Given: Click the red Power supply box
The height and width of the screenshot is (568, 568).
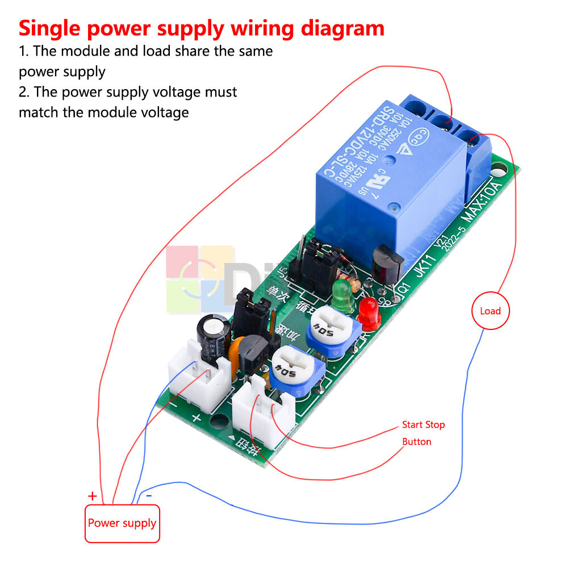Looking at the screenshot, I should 122,523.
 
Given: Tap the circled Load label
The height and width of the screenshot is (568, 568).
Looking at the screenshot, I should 490,311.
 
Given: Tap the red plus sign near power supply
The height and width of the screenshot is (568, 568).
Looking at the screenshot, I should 93,496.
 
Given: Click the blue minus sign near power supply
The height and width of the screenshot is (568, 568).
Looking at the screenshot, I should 149,495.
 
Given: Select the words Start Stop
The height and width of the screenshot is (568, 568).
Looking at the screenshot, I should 423,424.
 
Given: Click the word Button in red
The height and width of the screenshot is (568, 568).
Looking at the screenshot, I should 416,441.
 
